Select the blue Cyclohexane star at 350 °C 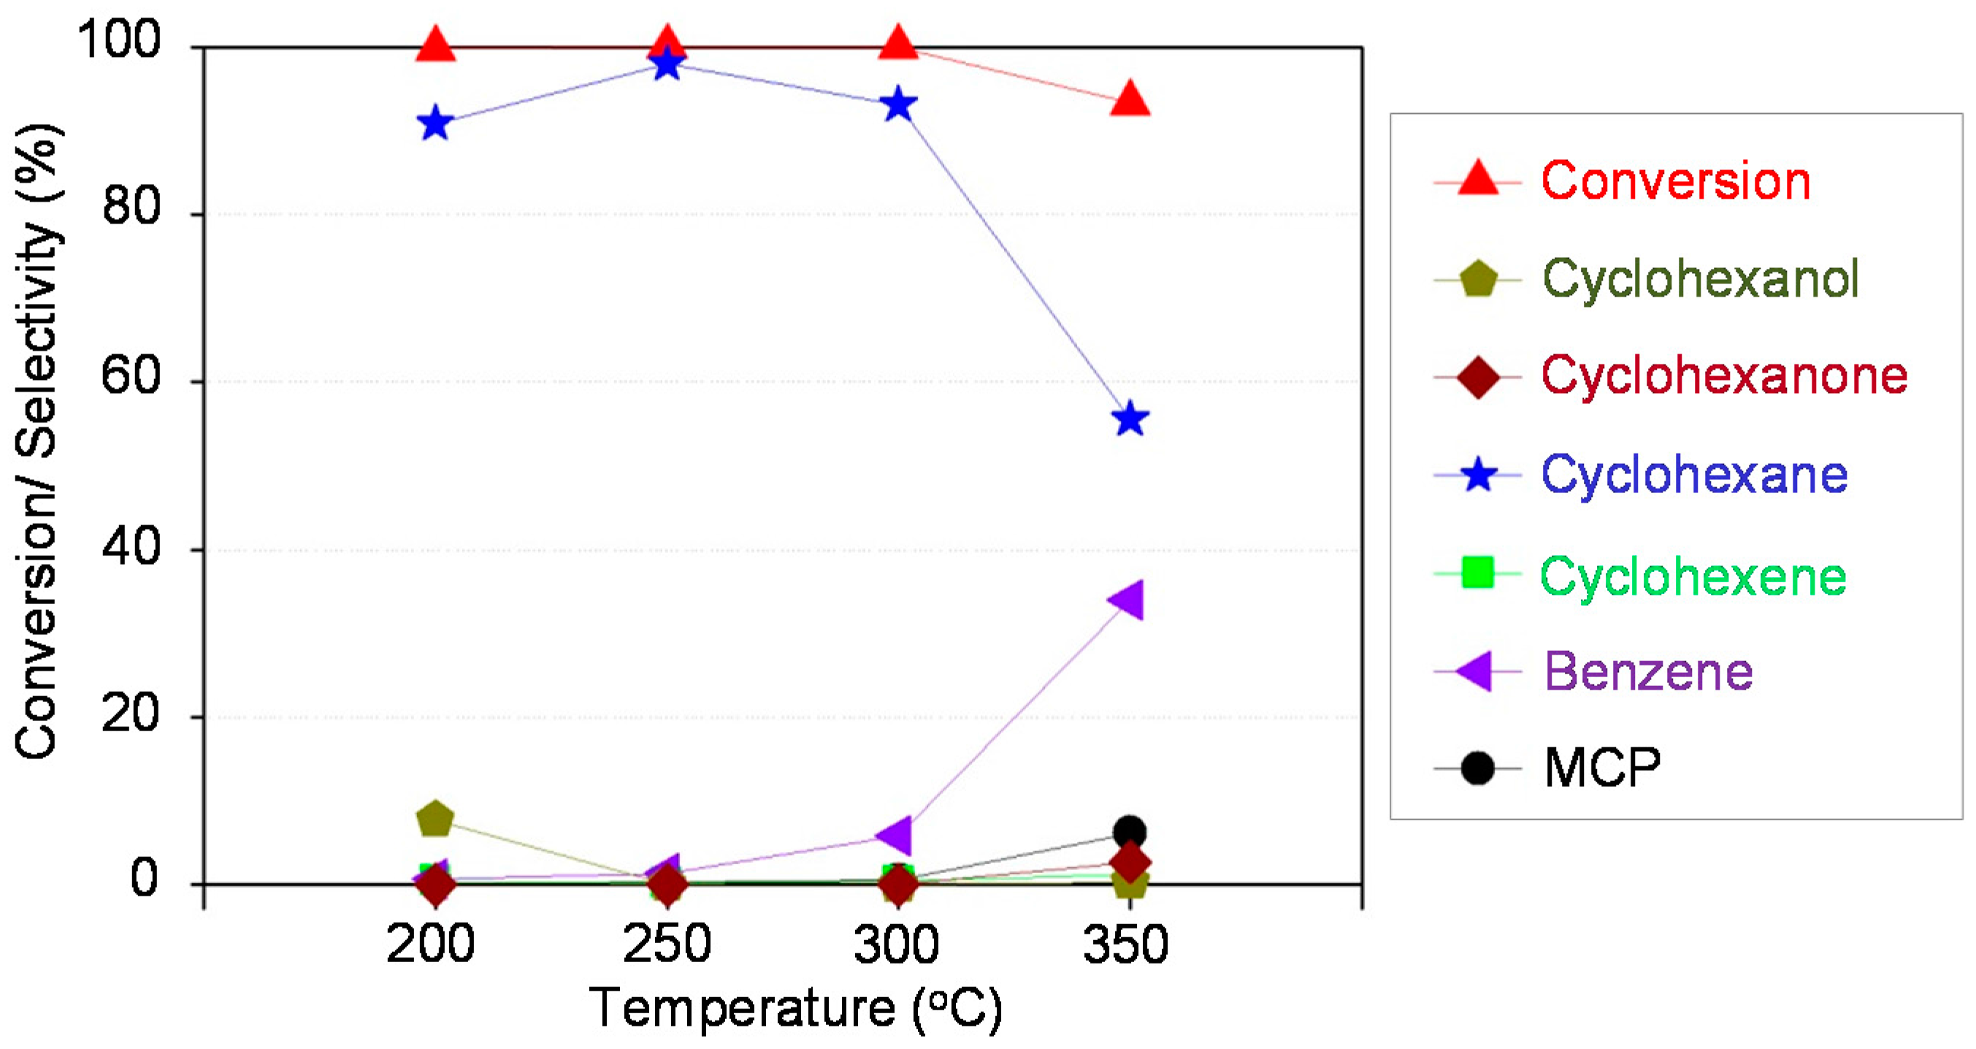coord(1129,420)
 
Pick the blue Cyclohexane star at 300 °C coord(897,105)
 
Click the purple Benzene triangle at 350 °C coord(1127,599)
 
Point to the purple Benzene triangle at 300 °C coord(895,835)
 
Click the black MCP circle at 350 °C coord(1129,832)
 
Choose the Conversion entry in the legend coord(1675,181)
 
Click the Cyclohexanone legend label coord(1723,376)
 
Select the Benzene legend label coord(1647,672)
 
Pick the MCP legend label coord(1601,767)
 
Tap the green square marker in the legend coord(1477,573)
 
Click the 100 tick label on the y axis coord(120,40)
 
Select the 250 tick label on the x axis coord(667,944)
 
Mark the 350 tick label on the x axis coord(1125,944)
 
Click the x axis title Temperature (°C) coord(794,1008)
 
